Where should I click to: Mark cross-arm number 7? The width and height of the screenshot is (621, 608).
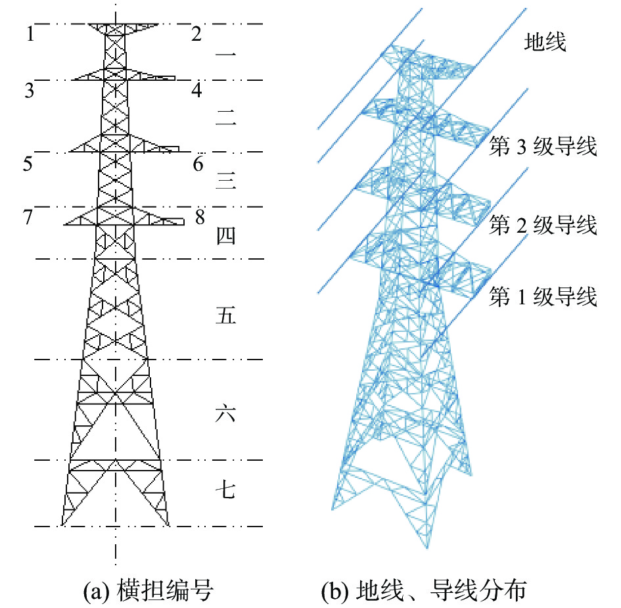click(x=28, y=217)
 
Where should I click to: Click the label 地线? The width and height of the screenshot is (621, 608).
click(x=545, y=43)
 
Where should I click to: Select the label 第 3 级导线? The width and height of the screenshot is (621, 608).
click(x=543, y=147)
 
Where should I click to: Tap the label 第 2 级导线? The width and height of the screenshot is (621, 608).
click(x=543, y=225)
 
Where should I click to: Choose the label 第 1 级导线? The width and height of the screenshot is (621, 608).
click(x=543, y=297)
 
